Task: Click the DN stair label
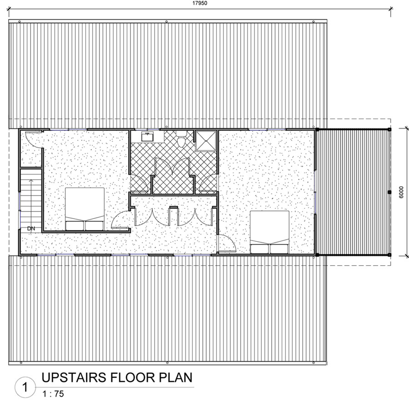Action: tap(31, 228)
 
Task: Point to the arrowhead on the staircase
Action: tap(31, 180)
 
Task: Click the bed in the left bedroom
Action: tap(85, 209)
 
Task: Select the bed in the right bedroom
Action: tap(270, 231)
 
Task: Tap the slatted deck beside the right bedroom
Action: tap(353, 192)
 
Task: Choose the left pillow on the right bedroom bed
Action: tap(261, 247)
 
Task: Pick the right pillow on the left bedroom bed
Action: tap(94, 225)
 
